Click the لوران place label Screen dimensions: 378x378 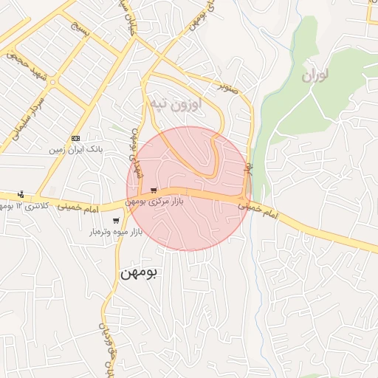[x=315, y=75]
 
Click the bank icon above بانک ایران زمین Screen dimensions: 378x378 [x=75, y=138]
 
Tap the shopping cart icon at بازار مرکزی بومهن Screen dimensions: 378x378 [x=153, y=190]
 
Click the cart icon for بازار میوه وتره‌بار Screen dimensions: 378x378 [x=116, y=221]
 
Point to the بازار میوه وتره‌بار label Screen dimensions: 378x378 [x=115, y=232]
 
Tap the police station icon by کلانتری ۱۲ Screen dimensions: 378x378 [x=20, y=194]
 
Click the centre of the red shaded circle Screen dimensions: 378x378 [x=189, y=189]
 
